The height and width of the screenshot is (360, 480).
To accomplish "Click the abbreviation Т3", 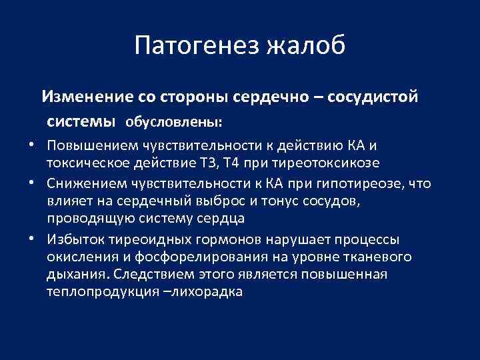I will click(x=211, y=164).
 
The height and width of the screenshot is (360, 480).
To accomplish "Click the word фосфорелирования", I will click(x=190, y=257).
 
